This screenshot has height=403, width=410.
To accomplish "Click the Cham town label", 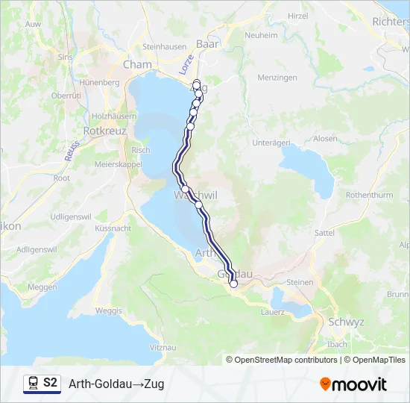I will coord(137,65).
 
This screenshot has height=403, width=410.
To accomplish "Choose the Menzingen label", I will coord(278,78).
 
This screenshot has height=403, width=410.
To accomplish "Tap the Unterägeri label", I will coord(271,143).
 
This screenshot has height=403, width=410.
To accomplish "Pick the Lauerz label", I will coord(273,312).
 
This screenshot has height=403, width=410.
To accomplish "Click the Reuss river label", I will coord(72,149).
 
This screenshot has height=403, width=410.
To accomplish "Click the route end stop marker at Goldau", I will coord(233,284).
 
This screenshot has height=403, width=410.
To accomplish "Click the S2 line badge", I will coord(50,383).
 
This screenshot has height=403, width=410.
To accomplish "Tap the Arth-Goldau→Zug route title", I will coord(116,384).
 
